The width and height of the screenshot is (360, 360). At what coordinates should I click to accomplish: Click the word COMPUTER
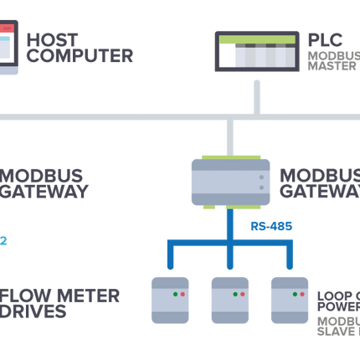coord(79,57)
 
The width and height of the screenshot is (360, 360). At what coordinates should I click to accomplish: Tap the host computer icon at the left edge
coord(8,48)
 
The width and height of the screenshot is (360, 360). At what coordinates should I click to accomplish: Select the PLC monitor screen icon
coord(256,52)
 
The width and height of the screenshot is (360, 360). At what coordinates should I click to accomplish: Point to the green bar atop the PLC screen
coord(256,39)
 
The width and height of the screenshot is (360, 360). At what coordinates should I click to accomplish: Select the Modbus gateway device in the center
coord(229,180)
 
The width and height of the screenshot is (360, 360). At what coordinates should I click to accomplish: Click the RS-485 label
coord(268,226)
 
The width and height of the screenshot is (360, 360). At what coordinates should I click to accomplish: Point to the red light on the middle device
coord(242,296)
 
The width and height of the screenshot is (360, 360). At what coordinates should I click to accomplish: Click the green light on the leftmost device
coord(175,296)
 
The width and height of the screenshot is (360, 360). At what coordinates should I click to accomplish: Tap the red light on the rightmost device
coord(302,296)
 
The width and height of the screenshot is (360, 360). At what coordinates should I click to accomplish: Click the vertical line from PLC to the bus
coord(257,92)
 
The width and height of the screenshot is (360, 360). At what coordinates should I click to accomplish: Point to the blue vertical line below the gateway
coord(229,224)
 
